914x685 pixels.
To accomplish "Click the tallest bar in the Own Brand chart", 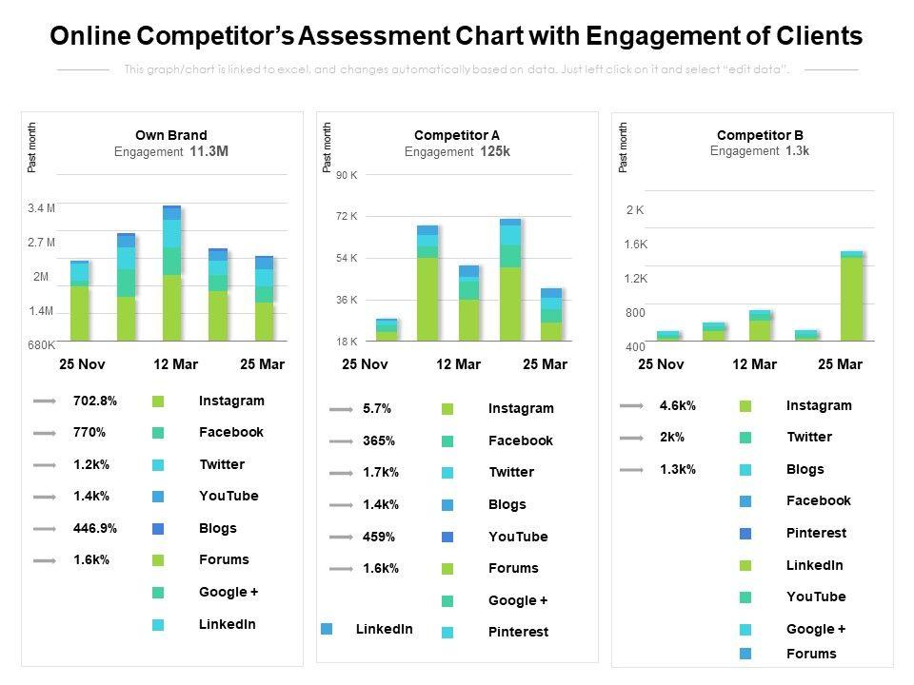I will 171,273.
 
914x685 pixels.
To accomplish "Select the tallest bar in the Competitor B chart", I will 851,296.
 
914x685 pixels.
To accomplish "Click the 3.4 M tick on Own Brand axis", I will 41,208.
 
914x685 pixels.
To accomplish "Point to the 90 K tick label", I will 347,175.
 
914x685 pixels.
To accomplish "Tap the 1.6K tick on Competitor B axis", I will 636,245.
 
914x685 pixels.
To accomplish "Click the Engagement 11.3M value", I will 171,151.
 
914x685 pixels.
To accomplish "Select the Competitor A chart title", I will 457,135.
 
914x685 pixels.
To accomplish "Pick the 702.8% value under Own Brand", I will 94,401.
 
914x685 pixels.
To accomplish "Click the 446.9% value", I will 94,528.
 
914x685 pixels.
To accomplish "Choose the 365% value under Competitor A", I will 378,440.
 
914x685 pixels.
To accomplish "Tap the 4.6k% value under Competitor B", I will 677,405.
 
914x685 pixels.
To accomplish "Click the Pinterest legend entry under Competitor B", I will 815,533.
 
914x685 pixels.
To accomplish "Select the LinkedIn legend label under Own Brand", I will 227,624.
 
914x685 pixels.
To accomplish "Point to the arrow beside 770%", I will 45,433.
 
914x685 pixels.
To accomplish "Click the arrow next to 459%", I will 342,538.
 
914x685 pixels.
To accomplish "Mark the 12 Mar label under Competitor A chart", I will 458,364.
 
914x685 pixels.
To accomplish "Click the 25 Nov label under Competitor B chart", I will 661,364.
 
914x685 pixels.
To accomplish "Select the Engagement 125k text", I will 457,151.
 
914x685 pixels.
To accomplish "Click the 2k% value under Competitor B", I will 671,438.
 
